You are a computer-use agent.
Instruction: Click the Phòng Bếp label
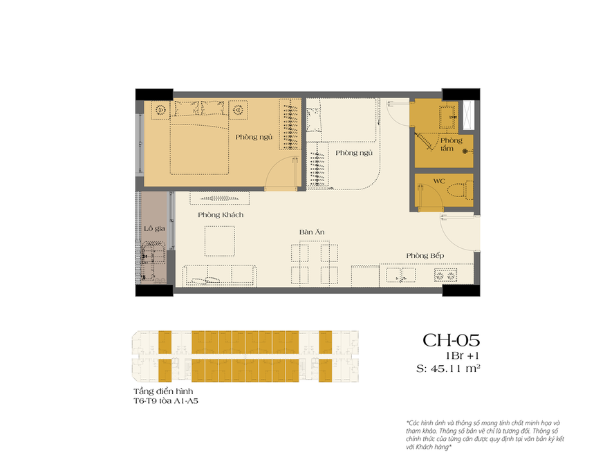click(x=425, y=256)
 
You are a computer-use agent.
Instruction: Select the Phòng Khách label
click(x=220, y=215)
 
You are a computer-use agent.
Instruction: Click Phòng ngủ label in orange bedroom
click(x=254, y=137)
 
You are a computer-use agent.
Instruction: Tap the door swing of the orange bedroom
click(x=282, y=173)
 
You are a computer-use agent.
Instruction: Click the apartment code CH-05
click(x=451, y=340)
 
